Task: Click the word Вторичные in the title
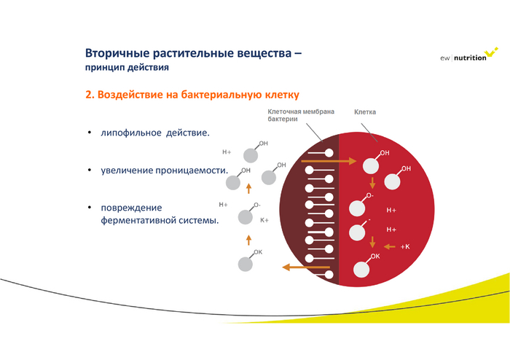click(118, 54)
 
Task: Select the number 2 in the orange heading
click(89, 95)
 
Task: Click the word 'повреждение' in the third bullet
click(131, 208)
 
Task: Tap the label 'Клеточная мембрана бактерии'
click(301, 115)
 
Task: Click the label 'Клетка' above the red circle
click(366, 112)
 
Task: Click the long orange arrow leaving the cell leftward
click(306, 267)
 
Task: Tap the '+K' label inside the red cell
click(406, 247)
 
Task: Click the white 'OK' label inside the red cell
click(375, 257)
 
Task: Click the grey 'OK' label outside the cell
click(257, 252)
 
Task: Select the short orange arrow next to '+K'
click(389, 247)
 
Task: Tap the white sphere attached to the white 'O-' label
click(358, 208)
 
